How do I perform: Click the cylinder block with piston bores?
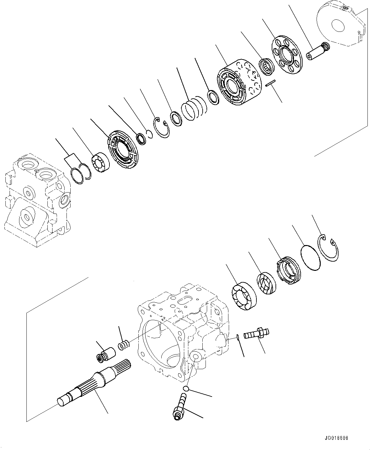point(239,83)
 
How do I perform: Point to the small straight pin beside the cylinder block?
point(270,83)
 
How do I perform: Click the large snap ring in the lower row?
point(329,250)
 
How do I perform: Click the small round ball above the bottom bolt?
point(186,389)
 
